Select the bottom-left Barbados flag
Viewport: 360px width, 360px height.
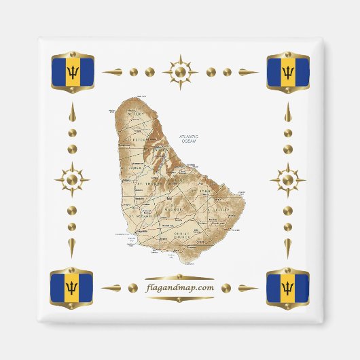[x=73, y=287]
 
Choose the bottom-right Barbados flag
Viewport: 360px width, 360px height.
[x=288, y=287]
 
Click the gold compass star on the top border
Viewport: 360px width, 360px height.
[x=180, y=71]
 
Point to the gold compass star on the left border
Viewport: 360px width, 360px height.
[x=73, y=180]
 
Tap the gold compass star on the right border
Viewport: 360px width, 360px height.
[x=288, y=180]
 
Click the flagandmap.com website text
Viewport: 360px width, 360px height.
[x=180, y=288]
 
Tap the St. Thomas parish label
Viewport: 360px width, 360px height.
[x=147, y=183]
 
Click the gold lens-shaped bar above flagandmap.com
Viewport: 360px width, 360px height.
[x=180, y=276]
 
